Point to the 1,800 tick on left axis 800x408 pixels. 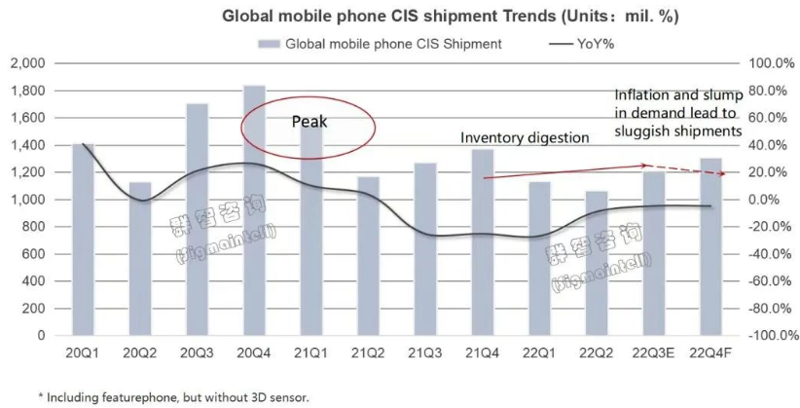(x=26, y=91)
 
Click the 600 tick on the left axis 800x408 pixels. (x=34, y=254)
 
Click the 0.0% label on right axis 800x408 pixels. (x=772, y=200)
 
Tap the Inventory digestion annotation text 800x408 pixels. (x=525, y=138)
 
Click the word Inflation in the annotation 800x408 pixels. (x=641, y=95)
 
